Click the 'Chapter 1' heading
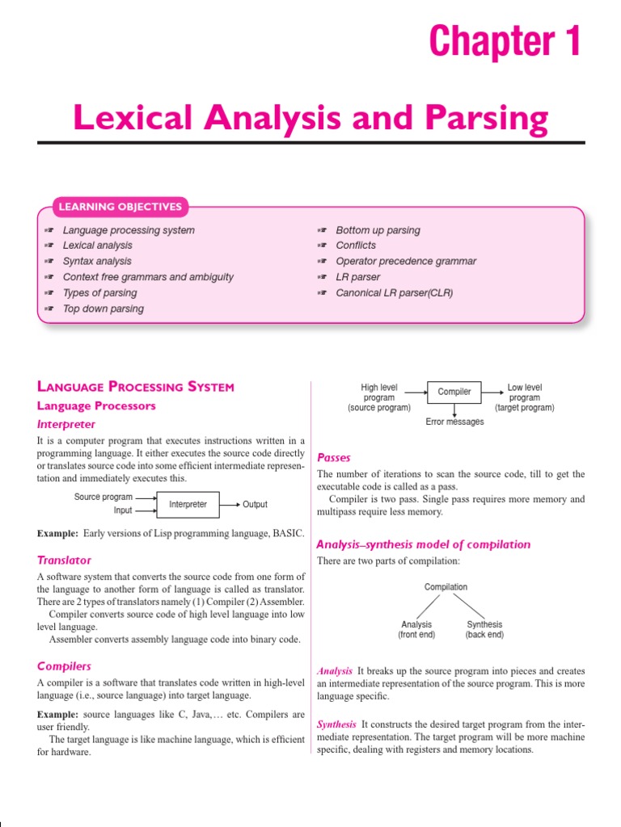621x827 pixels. point(505,41)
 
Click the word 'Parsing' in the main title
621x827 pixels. point(484,119)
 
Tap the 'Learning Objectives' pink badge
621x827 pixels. point(120,207)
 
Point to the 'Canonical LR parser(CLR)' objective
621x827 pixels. point(394,292)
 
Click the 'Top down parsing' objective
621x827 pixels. point(103,309)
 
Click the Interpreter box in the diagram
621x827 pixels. point(188,505)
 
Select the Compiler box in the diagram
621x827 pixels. point(454,393)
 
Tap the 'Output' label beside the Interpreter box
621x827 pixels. point(255,505)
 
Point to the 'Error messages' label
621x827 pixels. point(454,422)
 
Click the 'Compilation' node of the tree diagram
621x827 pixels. point(446,587)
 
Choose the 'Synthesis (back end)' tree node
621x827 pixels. point(484,629)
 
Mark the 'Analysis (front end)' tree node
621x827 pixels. point(416,629)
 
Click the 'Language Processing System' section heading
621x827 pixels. point(136,387)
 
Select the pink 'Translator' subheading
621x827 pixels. point(64,560)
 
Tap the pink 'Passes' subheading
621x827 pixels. point(334,457)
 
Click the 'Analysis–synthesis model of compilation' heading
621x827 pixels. point(423,544)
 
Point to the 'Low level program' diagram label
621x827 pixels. point(525,397)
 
